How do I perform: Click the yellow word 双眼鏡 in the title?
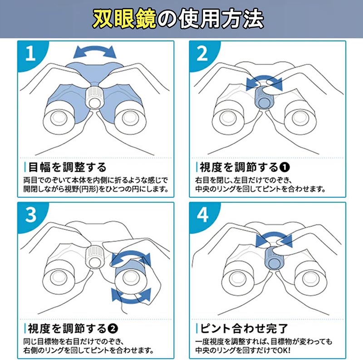[124, 19]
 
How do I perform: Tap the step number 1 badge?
[30, 54]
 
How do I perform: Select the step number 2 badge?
[202, 54]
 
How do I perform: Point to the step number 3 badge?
[31, 215]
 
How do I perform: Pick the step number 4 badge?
[202, 215]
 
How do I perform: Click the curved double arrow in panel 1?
[95, 52]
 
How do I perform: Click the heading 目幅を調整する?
[67, 167]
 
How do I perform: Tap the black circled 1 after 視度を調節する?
[285, 167]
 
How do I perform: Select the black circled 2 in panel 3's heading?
[113, 329]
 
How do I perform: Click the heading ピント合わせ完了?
[244, 328]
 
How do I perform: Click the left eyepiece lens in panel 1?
[59, 118]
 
